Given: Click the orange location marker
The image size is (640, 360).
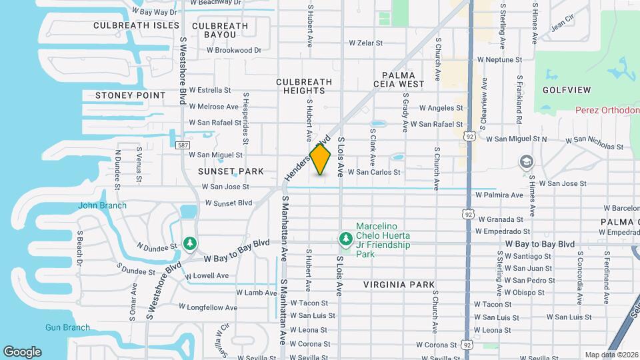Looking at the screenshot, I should (320, 159).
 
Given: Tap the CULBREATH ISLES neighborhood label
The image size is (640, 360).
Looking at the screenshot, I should (136, 25).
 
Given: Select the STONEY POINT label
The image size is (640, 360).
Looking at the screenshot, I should (130, 95).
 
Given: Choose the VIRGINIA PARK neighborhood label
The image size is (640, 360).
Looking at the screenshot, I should (399, 285).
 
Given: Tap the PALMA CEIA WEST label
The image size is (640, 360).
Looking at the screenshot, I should (403, 79).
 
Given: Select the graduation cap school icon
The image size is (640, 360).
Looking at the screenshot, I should (527, 162).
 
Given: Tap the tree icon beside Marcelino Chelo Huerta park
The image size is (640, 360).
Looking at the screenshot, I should (345, 238).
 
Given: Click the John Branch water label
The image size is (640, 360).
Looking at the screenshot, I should (102, 205).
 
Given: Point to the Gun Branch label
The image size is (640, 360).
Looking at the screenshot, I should (67, 327).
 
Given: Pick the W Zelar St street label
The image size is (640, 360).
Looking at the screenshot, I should (366, 43).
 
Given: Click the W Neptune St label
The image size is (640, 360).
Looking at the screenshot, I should (499, 60).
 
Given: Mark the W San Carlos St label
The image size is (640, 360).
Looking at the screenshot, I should (373, 172).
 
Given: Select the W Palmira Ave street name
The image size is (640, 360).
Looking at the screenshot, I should (499, 195).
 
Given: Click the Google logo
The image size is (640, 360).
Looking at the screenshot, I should (22, 352).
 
